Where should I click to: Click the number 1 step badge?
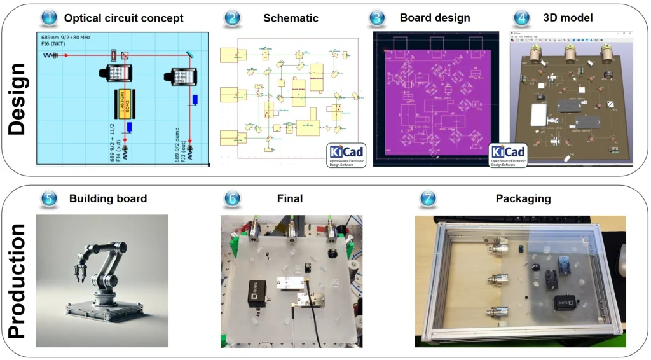coord(50,18)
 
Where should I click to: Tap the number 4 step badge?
coord(522,18)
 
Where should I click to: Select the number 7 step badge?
coord(428,198)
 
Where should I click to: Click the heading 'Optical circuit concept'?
coord(123,18)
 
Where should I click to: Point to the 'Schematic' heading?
coord(291,18)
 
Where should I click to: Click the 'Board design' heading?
coord(435,18)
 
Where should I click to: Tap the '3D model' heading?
coord(568,18)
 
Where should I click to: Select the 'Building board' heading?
coord(108,198)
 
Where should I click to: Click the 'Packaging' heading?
coord(523,198)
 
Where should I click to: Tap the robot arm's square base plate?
coord(102,311)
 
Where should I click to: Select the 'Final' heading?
coord(290,198)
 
